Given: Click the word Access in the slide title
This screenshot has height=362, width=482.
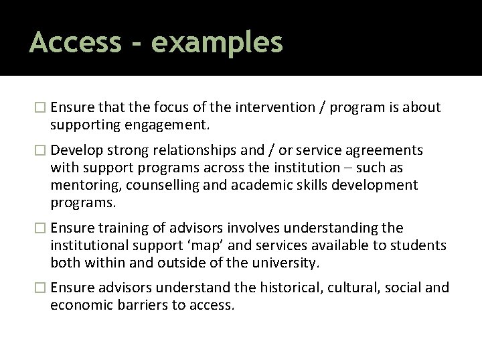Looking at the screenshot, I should point(76,42).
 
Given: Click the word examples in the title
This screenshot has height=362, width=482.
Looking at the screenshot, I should point(217,42).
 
